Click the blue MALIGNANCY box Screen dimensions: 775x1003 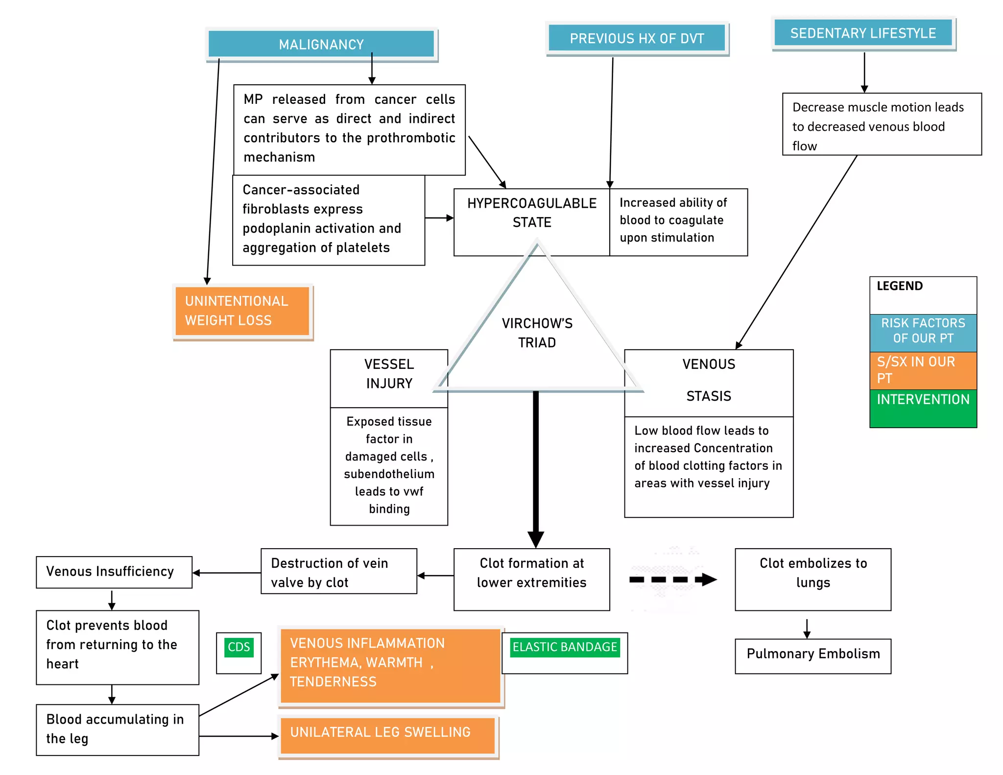pos(321,45)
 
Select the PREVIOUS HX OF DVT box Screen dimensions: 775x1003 pos(637,38)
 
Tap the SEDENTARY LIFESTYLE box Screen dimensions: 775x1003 pos(863,33)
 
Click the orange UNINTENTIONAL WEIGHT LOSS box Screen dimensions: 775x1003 pos(242,311)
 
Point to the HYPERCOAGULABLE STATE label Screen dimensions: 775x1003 pos(531,213)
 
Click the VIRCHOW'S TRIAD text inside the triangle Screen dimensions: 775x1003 pos(537,333)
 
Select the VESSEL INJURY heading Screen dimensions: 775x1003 pos(389,374)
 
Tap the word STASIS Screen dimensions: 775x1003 pos(708,396)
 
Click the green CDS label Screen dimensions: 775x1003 pos(239,647)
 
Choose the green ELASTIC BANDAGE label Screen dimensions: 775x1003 pos(565,647)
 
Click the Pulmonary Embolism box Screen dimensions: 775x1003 pos(813,654)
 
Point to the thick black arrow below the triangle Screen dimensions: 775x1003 pos(536,465)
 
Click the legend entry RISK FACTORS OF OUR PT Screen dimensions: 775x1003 pos(923,331)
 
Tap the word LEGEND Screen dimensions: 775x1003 pos(900,286)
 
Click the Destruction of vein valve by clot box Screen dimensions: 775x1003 pos(338,572)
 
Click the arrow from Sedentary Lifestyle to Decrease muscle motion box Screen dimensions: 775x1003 pos(864,72)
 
